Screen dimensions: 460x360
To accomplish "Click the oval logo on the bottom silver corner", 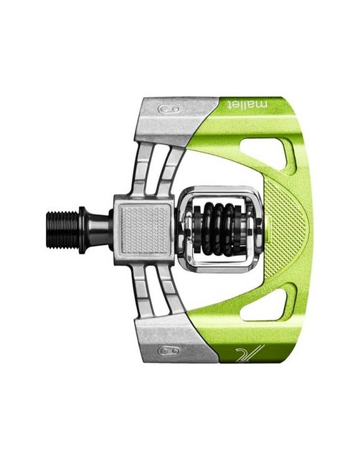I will [169, 350].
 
